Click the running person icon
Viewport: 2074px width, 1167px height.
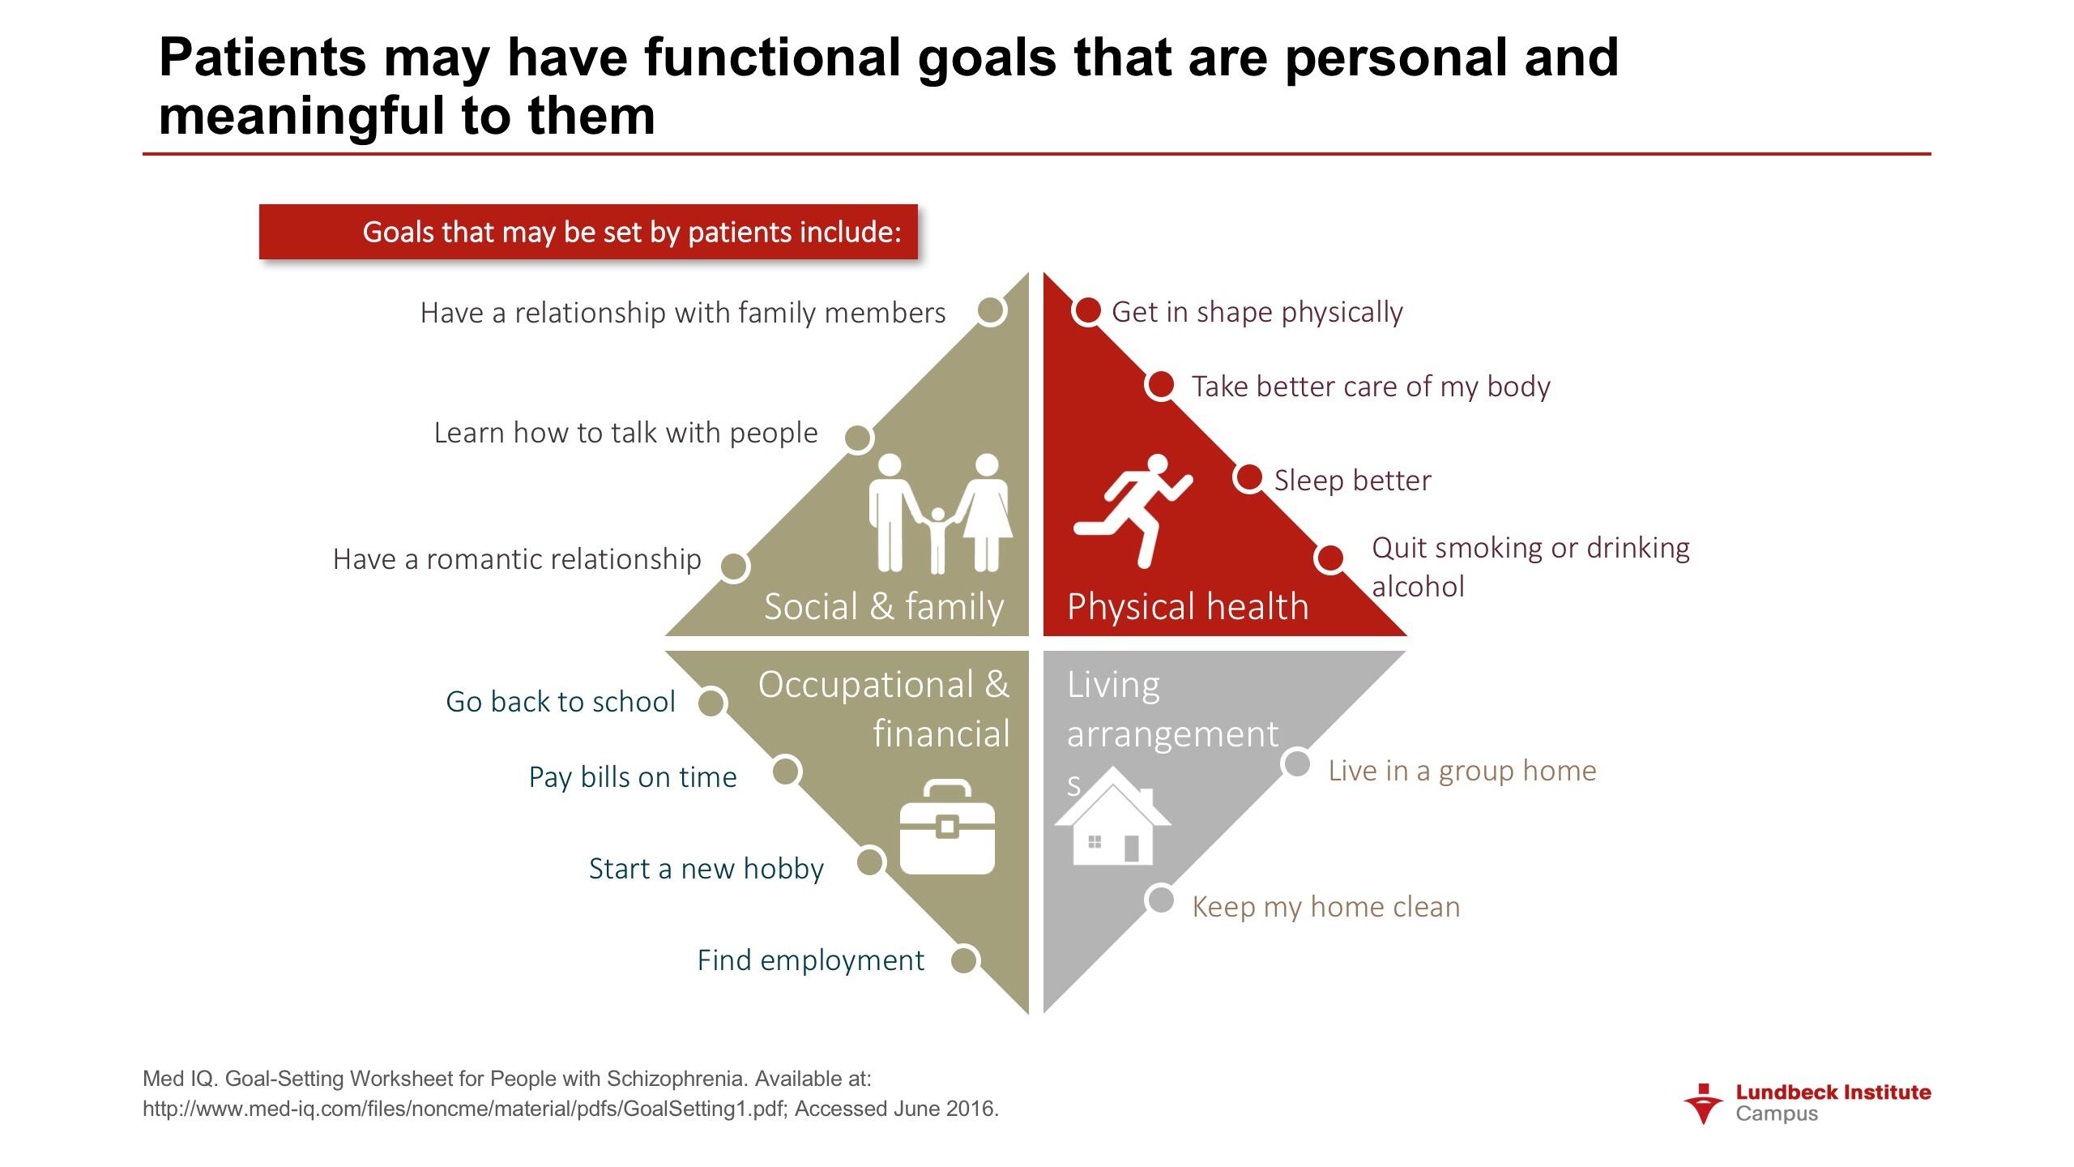click(x=1133, y=510)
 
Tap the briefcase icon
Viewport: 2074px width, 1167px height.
click(x=947, y=827)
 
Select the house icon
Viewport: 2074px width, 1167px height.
click(x=1112, y=815)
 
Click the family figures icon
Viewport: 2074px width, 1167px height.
click(x=940, y=513)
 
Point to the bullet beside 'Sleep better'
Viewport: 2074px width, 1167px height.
click(x=1248, y=477)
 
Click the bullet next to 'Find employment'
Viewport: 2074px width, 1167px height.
click(x=963, y=960)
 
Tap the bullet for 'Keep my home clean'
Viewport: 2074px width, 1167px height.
click(x=1161, y=900)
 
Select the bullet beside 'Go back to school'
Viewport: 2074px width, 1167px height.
click(x=711, y=702)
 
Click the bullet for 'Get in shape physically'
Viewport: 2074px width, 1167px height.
click(x=1087, y=310)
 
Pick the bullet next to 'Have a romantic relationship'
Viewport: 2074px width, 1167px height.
click(x=733, y=566)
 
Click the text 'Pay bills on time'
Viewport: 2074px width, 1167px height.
click(x=633, y=777)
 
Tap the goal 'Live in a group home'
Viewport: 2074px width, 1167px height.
click(x=1462, y=771)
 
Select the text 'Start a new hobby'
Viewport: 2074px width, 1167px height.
click(x=706, y=869)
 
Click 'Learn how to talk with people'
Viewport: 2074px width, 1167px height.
click(x=625, y=433)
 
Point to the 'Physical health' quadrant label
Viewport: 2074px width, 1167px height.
click(x=1188, y=607)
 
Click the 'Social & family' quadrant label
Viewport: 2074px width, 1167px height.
click(x=884, y=606)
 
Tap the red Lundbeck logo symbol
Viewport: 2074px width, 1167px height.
click(x=1703, y=1104)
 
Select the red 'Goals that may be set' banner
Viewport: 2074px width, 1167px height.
click(x=588, y=232)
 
